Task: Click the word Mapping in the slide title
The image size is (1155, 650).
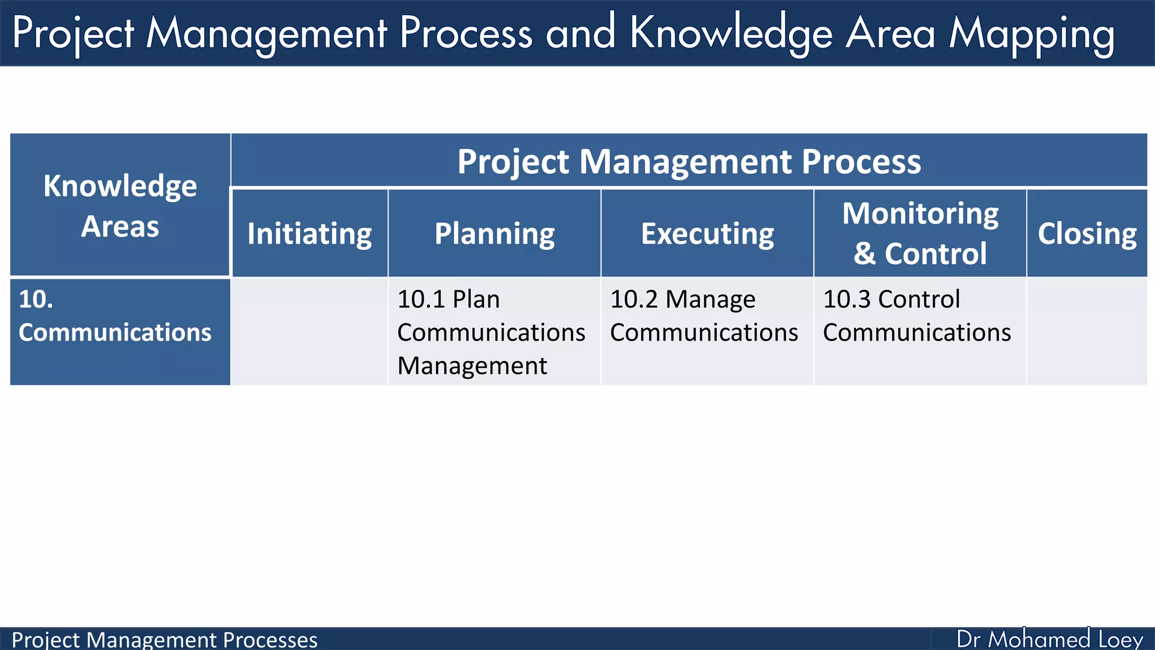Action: point(1031,34)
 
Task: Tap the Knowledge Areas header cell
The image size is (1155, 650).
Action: point(120,205)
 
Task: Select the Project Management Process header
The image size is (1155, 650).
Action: point(689,161)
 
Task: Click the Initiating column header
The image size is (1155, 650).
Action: point(310,234)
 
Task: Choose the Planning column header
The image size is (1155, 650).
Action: point(495,234)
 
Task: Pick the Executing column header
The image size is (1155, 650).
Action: point(707,234)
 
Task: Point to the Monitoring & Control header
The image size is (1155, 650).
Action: point(920,233)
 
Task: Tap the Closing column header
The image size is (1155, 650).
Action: point(1087,234)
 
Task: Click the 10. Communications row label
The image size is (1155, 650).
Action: point(115,316)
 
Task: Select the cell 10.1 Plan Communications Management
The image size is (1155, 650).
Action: point(491,332)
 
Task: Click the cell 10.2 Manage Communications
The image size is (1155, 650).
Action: point(703,316)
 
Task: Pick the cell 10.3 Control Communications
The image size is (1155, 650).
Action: point(916,316)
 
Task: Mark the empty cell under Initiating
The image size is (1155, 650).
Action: point(310,332)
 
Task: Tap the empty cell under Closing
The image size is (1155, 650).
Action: point(1087,332)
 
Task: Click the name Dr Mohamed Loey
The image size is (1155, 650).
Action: point(1050,639)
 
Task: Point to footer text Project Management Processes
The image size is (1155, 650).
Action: point(164,640)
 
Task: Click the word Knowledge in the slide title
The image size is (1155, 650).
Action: point(731,34)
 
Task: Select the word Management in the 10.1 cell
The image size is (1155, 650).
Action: point(472,366)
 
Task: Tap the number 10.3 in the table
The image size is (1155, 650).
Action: point(847,299)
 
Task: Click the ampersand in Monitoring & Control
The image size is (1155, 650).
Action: point(864,253)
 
